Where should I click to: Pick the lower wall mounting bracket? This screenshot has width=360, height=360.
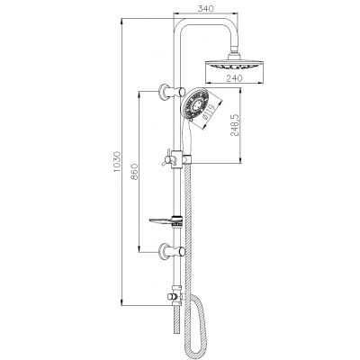(x=164, y=250)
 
